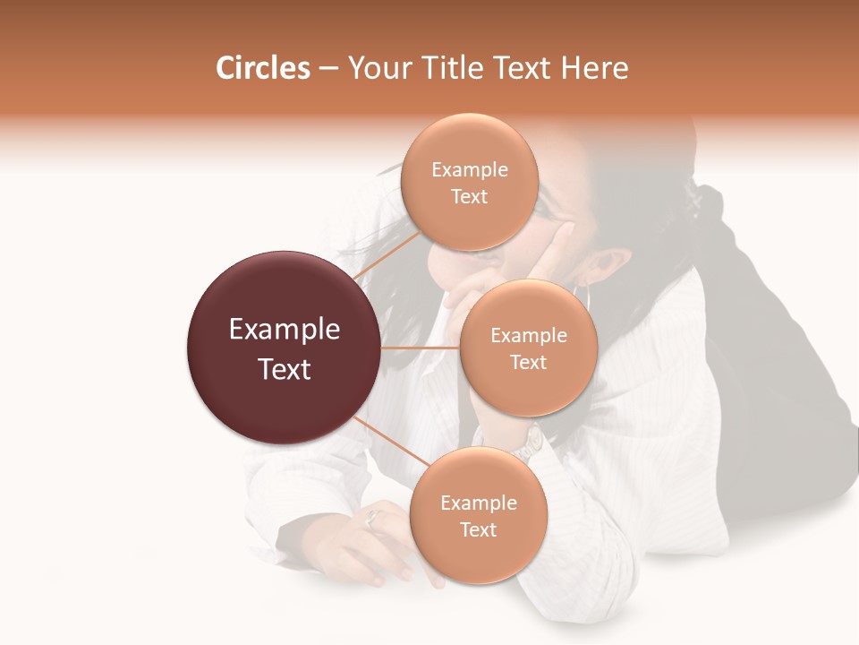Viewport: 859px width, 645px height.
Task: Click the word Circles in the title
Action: (x=262, y=68)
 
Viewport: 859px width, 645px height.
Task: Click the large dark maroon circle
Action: (x=284, y=348)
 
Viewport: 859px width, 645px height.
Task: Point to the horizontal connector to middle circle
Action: (x=421, y=348)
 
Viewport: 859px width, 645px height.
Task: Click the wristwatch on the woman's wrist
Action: (x=532, y=442)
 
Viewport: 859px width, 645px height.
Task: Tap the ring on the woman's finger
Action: (x=374, y=517)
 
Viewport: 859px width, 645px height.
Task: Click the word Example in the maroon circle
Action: (x=284, y=330)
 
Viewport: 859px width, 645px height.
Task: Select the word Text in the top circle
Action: (x=469, y=197)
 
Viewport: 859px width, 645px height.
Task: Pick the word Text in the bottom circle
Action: (x=478, y=530)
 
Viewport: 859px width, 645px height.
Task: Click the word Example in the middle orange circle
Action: (x=528, y=336)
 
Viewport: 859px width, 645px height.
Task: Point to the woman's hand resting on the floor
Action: (x=358, y=542)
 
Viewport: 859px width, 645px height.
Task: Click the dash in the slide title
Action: (x=328, y=69)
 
